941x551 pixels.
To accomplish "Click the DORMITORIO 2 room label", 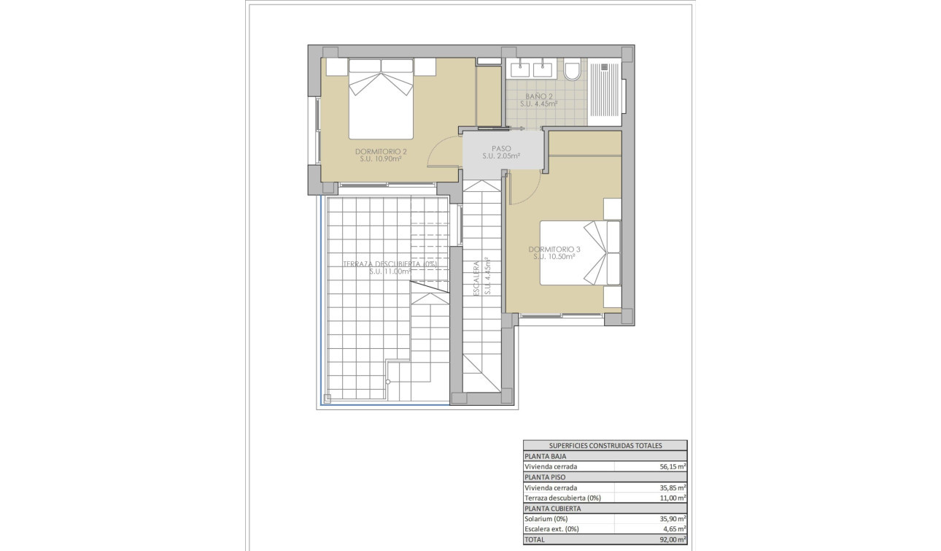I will click(x=380, y=152).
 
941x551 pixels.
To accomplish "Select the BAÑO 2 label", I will click(x=539, y=96).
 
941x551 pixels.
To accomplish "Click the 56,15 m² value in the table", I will click(x=673, y=466).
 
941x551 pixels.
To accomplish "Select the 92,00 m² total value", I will click(x=673, y=539).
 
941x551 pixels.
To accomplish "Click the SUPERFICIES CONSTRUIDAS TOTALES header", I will click(x=604, y=445).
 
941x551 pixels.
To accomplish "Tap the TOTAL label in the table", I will click(x=535, y=539).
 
